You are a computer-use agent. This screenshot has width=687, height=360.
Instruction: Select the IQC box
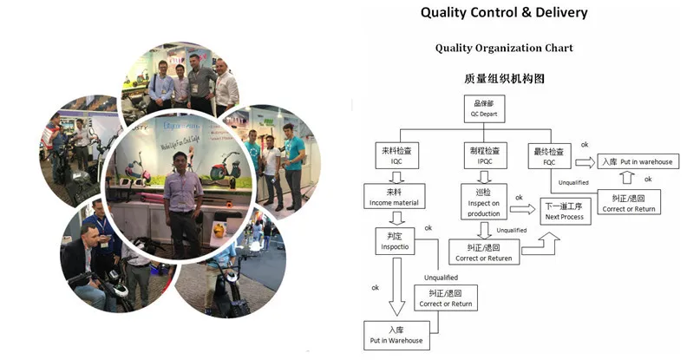pyautogui.click(x=396, y=155)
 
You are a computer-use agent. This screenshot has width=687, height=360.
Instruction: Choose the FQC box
pyautogui.click(x=548, y=155)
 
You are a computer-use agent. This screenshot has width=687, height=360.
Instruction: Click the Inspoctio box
pyautogui.click(x=396, y=240)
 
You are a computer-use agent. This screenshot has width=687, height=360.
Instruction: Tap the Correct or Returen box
pyautogui.click(x=484, y=252)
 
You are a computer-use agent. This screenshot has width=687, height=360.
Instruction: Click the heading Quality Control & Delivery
pyautogui.click(x=504, y=13)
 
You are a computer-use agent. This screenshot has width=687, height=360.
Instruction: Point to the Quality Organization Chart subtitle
pyautogui.click(x=504, y=49)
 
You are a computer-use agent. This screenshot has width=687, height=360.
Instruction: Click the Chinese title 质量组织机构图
pyautogui.click(x=504, y=78)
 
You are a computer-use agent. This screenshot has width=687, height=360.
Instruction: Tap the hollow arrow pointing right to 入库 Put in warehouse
pyautogui.click(x=584, y=162)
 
